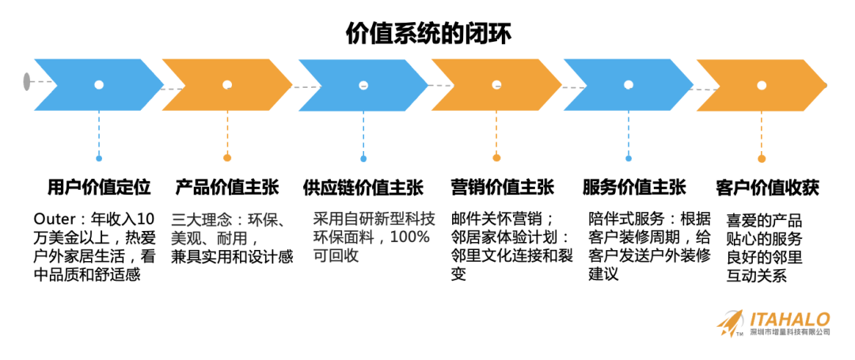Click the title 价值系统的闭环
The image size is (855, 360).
(x=428, y=32)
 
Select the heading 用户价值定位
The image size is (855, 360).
(x=99, y=188)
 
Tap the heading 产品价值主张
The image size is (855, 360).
(x=226, y=188)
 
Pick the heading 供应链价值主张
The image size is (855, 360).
(x=363, y=188)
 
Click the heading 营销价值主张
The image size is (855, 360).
(x=496, y=188)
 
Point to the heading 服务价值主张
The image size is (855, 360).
(x=629, y=188)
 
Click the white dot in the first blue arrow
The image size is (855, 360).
(x=99, y=85)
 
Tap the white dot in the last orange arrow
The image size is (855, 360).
(x=762, y=85)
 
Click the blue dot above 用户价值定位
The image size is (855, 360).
(x=99, y=158)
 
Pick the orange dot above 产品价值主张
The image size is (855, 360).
(x=227, y=158)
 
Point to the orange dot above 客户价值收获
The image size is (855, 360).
(x=762, y=158)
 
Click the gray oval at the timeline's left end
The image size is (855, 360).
(x=28, y=81)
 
